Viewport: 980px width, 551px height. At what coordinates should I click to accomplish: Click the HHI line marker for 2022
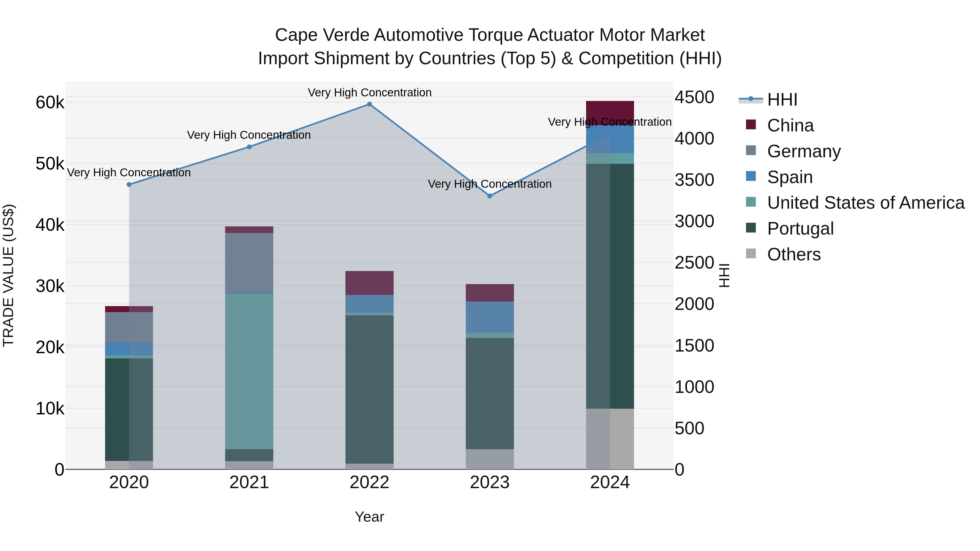pyautogui.click(x=369, y=104)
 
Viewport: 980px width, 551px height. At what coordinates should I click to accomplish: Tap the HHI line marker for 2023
pyautogui.click(x=490, y=196)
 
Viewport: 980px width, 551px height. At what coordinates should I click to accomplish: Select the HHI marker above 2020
pyautogui.click(x=129, y=185)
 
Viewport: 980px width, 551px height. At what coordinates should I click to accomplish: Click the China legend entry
pyautogui.click(x=790, y=125)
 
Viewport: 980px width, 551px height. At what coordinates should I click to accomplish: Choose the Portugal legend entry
pyautogui.click(x=800, y=229)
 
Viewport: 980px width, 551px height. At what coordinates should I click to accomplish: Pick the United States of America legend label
pyautogui.click(x=865, y=203)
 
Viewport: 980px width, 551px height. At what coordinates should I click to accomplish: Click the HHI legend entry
pyautogui.click(x=782, y=100)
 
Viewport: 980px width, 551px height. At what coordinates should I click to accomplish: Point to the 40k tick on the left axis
pyautogui.click(x=50, y=225)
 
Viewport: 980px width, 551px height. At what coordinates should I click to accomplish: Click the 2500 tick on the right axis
pyautogui.click(x=694, y=263)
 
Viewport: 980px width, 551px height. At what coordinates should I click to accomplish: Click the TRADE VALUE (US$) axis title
pyautogui.click(x=8, y=275)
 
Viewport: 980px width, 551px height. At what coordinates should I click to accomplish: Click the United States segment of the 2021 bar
pyautogui.click(x=249, y=371)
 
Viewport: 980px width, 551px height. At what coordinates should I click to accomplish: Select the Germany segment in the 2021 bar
pyautogui.click(x=249, y=262)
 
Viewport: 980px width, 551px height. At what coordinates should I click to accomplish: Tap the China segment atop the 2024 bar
pyautogui.click(x=610, y=113)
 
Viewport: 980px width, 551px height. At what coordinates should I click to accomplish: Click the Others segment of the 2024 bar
pyautogui.click(x=610, y=439)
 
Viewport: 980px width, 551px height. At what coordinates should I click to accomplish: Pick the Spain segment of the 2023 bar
pyautogui.click(x=490, y=317)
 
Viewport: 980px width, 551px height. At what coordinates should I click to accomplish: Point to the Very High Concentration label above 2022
pyautogui.click(x=369, y=93)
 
